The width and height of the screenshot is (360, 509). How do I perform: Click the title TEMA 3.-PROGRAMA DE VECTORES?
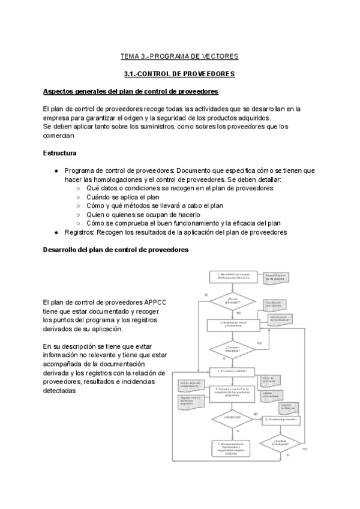179,56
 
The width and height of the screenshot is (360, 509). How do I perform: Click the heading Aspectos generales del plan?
130,91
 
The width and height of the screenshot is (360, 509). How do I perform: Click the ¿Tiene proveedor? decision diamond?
232,301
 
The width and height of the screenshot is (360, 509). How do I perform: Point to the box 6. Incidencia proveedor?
280,419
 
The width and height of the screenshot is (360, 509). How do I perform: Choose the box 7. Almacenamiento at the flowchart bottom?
232,447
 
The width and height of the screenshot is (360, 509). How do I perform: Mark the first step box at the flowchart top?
232,277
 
